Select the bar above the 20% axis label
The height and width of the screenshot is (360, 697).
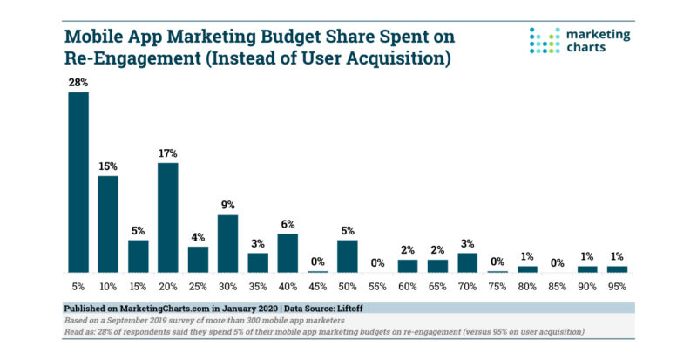[168, 217]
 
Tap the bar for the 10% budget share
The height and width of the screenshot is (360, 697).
[108, 224]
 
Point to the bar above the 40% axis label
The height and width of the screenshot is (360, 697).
[288, 253]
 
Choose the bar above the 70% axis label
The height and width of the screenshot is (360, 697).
[467, 262]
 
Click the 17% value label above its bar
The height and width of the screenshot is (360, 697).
[168, 154]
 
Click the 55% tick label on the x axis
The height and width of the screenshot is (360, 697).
[377, 285]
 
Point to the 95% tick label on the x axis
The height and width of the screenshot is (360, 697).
[617, 285]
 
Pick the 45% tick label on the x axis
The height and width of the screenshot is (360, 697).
[317, 285]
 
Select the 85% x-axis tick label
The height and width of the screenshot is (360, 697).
[557, 285]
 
